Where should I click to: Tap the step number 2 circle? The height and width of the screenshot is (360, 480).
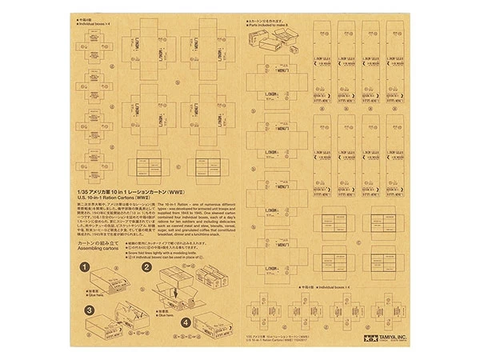click(146, 268)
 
